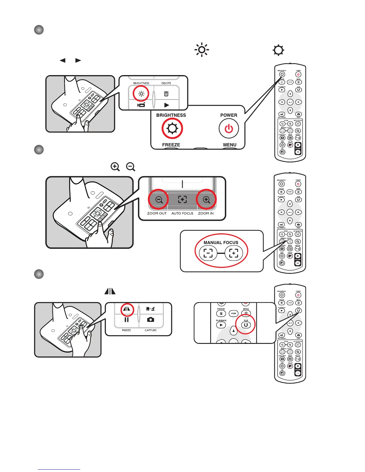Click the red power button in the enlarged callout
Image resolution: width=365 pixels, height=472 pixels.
coord(229,129)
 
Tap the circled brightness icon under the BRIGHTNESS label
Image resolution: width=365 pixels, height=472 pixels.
coord(172,129)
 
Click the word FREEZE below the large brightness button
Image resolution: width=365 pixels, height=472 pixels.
coord(171,145)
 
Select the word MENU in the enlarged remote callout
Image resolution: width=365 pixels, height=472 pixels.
coord(230,145)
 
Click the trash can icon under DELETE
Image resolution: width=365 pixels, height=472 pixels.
coord(166,94)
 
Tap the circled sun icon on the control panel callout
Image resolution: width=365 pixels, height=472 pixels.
coord(141,94)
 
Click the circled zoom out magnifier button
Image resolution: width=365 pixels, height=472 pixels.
coord(159,200)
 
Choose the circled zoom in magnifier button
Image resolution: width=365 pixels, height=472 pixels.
coord(206,200)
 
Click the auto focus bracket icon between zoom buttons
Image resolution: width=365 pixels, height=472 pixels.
coord(182,200)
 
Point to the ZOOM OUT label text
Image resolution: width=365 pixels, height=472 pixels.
coord(157,213)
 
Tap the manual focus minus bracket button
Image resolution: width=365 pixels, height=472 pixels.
coord(208,253)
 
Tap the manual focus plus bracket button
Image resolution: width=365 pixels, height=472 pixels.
coord(234,253)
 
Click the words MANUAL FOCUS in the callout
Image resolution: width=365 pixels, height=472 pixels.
coord(221,243)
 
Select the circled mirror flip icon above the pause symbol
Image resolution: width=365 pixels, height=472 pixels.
coord(127,309)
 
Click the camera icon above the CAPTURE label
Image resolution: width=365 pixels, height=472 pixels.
coord(151,319)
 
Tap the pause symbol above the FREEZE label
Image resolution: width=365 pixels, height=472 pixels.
coord(126,320)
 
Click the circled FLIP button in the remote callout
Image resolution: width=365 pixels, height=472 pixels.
coord(246,325)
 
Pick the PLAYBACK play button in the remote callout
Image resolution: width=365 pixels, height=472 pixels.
coord(221,325)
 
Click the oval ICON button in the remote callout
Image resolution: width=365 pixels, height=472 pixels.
coord(233,313)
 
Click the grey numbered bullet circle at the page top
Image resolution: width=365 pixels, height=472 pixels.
coord(39,30)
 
